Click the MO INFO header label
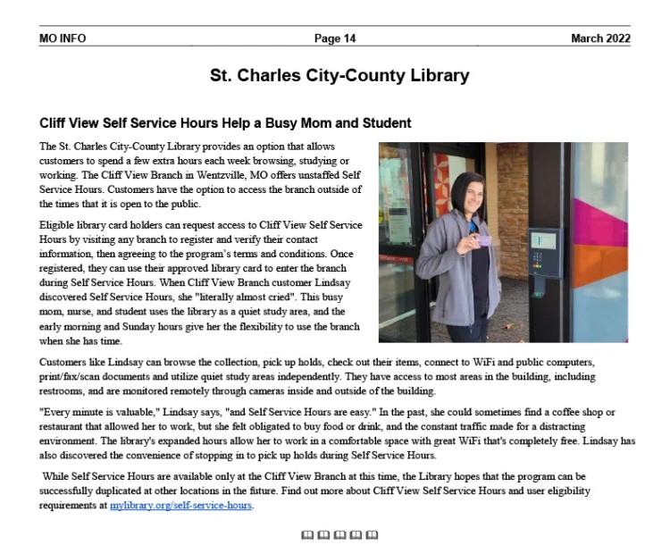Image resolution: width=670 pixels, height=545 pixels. [x=63, y=38]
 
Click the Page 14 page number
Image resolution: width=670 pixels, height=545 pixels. [x=335, y=38]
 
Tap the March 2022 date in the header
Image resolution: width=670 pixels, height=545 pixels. [x=600, y=38]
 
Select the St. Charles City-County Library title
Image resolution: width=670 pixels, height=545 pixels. [x=339, y=75]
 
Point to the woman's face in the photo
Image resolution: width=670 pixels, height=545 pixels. [x=470, y=196]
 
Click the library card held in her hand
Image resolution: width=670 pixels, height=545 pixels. [x=487, y=241]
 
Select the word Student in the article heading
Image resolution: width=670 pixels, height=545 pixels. [x=385, y=122]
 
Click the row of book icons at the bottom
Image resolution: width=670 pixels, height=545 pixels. [x=339, y=534]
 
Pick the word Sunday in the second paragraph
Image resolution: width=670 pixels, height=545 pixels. [x=149, y=313]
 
